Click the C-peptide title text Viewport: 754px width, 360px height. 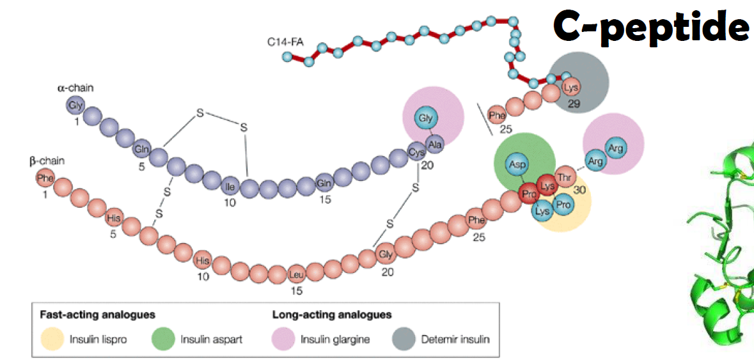[650, 26]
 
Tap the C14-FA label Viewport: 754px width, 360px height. [285, 44]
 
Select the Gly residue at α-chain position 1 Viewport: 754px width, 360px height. [76, 104]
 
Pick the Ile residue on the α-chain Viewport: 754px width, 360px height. [230, 187]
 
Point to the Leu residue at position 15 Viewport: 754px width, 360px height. [295, 276]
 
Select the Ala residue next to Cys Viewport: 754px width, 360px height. [435, 144]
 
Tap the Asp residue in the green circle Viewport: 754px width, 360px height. [517, 164]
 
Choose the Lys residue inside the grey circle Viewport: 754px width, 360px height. [571, 88]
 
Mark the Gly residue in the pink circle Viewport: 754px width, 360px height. [425, 118]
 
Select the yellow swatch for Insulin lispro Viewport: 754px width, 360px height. [51, 338]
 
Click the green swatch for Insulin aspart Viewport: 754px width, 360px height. [163, 338]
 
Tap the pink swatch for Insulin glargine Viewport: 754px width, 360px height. [283, 338]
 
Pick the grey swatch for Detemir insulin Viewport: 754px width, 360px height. [404, 338]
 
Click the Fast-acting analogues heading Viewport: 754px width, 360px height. [98, 315]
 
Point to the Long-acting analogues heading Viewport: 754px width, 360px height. [332, 315]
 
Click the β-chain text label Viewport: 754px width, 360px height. [47, 160]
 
